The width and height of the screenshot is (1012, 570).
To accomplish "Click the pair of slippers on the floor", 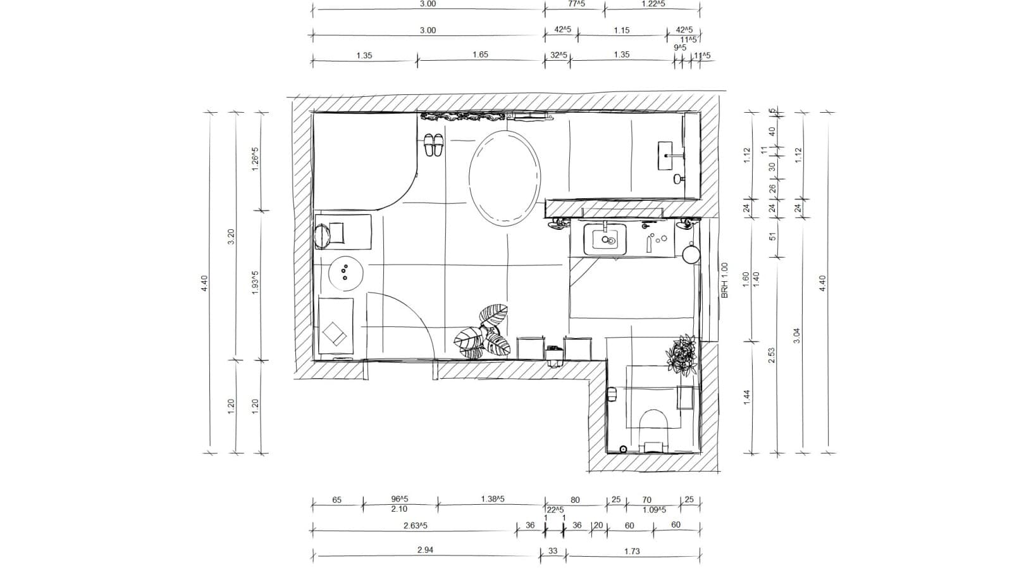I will tap(433, 145).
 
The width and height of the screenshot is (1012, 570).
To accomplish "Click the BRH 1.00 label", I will tap(725, 281).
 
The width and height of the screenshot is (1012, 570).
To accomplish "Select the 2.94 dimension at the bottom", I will tap(425, 550).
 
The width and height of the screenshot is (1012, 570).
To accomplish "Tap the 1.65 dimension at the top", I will tap(480, 55).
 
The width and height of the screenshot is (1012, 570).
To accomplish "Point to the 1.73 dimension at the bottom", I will tap(632, 552).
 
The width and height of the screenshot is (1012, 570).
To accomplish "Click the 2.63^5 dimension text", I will tap(416, 526).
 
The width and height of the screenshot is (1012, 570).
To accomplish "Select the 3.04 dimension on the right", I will tap(796, 336).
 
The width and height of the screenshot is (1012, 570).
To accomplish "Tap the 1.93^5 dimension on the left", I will tap(256, 282).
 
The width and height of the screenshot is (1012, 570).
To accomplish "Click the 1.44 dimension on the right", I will tap(746, 397).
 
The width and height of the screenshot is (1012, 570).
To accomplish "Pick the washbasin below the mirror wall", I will tap(605, 239).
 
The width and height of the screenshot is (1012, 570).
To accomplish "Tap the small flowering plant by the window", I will tap(682, 355).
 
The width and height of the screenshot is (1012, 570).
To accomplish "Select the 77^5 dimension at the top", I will tap(576, 4).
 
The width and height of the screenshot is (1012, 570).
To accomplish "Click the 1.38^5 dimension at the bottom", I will tap(493, 499).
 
